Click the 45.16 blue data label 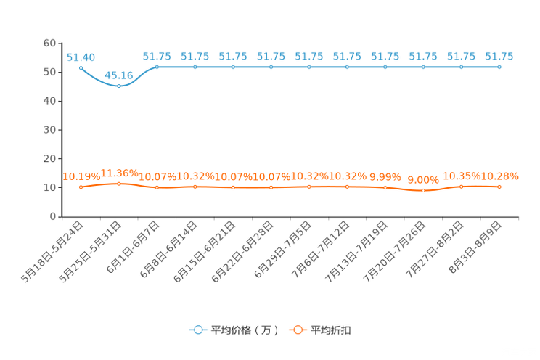[119, 75]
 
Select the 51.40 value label [81, 57]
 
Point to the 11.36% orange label [119, 173]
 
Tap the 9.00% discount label [423, 180]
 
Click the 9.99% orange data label [385, 177]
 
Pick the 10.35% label [462, 176]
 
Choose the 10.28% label [499, 176]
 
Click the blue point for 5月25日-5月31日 [119, 86]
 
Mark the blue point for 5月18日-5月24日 [81, 68]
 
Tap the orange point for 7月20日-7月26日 [423, 190]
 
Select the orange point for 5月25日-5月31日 [119, 184]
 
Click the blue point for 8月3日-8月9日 [499, 67]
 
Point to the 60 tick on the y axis [49, 43]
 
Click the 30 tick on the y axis [49, 130]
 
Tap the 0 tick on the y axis [53, 216]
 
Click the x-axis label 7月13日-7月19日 [356, 252]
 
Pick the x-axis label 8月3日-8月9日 [475, 247]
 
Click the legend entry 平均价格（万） [234, 330]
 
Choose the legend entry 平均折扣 [320, 330]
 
